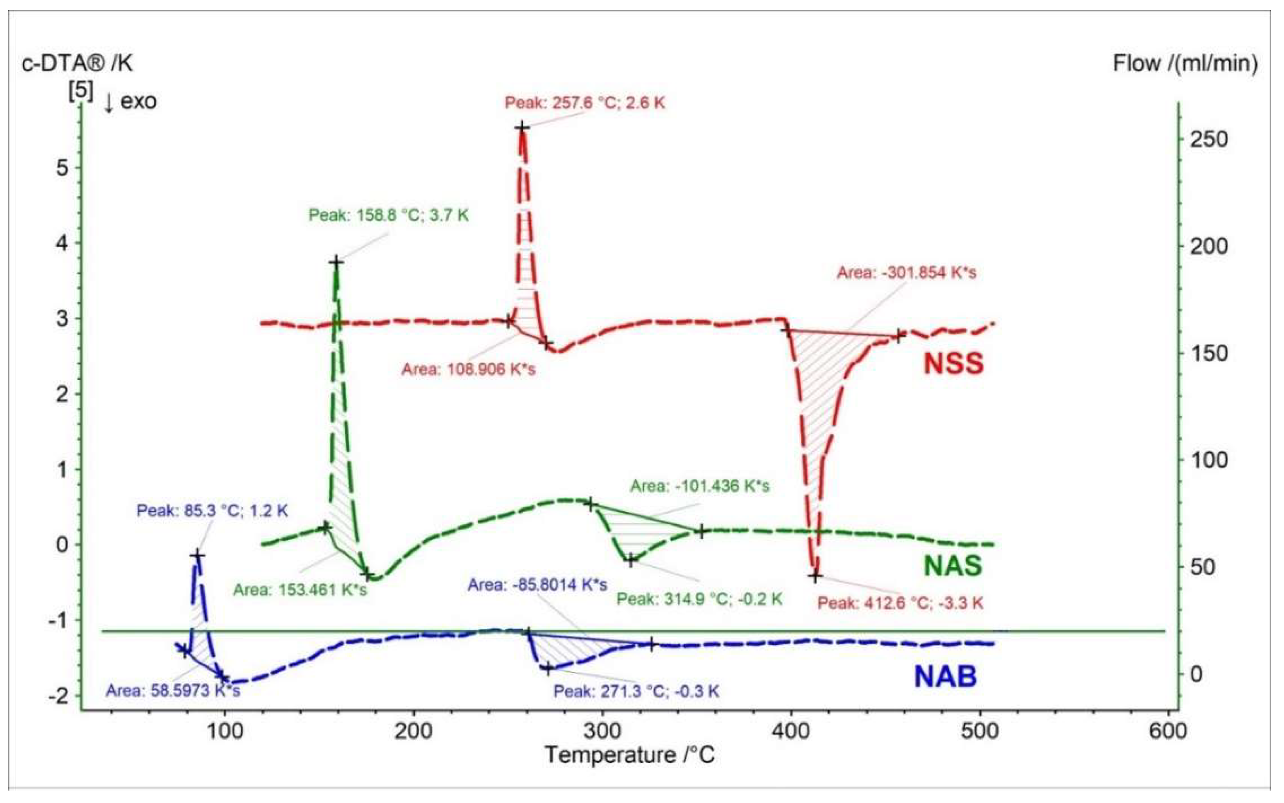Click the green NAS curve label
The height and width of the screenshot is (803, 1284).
click(953, 566)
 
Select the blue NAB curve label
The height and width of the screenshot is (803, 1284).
click(945, 677)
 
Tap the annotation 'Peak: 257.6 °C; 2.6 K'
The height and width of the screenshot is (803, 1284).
click(584, 103)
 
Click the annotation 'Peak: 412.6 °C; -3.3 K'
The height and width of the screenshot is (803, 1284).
click(900, 603)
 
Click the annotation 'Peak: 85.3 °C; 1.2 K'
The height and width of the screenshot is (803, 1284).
click(212, 511)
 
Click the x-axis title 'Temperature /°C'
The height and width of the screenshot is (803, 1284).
click(629, 755)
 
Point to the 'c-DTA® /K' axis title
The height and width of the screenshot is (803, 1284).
click(77, 63)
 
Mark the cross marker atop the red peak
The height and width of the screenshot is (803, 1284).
click(522, 127)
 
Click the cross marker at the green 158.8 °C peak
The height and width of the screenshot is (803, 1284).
click(336, 261)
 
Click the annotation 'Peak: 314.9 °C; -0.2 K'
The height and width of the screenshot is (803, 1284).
click(699, 599)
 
